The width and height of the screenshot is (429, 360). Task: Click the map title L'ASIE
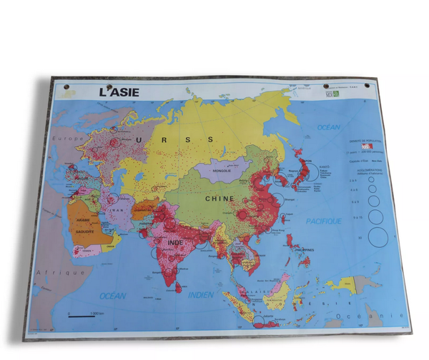(x=119, y=92)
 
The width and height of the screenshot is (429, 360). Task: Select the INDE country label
(x=175, y=243)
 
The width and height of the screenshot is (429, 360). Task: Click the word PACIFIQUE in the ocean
(x=324, y=221)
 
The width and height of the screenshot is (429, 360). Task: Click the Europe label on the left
(x=71, y=139)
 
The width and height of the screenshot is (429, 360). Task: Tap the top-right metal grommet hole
(x=369, y=88)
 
